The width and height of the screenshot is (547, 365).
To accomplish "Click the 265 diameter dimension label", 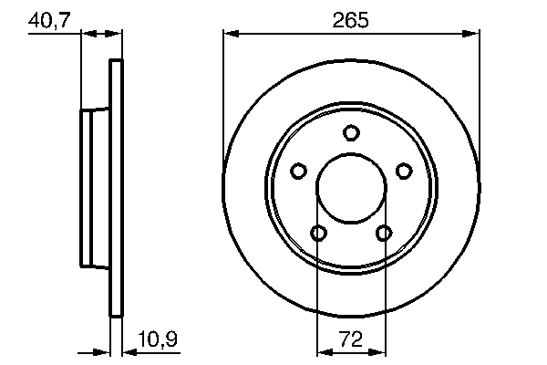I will [x=351, y=19].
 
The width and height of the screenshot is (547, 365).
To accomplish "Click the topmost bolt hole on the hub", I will [x=351, y=133].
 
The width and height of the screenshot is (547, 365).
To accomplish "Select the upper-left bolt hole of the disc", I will [x=298, y=171].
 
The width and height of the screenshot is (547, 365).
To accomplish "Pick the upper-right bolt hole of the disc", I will [x=404, y=171].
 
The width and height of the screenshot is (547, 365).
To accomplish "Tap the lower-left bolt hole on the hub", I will [x=318, y=234].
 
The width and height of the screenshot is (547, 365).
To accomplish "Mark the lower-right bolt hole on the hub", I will [x=384, y=234].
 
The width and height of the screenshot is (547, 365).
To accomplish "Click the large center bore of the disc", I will [x=351, y=189].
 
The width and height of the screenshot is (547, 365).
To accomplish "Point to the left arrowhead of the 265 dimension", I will [x=231, y=34].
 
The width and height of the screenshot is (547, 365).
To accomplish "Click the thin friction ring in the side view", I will [x=116, y=188].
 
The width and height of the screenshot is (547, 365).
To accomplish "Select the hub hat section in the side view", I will [x=95, y=188].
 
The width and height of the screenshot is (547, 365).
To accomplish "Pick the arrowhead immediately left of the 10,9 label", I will [x=128, y=352].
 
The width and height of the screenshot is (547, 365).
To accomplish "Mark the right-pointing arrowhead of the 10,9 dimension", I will [x=104, y=352].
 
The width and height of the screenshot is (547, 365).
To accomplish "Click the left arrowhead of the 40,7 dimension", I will [x=88, y=34].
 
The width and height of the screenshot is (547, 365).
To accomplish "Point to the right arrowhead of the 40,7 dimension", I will [x=115, y=34].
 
